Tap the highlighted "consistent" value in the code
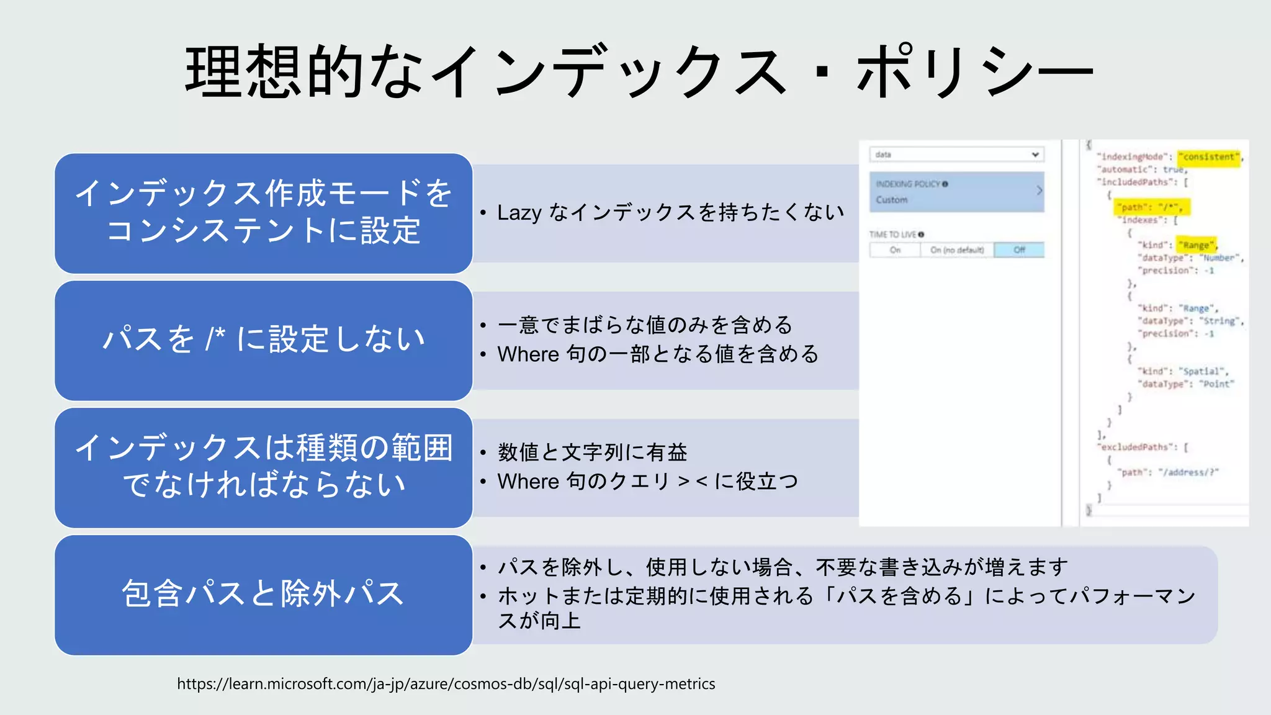coord(1208,157)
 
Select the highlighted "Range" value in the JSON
coord(1197,245)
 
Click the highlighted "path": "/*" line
coord(1151,207)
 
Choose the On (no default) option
coord(956,250)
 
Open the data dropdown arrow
coord(1035,155)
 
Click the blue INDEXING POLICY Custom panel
coord(956,192)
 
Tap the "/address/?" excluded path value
coord(1188,472)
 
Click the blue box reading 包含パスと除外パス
coord(263,594)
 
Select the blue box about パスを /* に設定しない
coord(263,340)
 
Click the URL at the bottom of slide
coord(446,684)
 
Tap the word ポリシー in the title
coord(974,71)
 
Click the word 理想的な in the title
coord(304,71)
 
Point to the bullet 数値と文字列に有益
coord(592,452)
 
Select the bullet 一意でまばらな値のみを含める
coord(645,325)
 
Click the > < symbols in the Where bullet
coord(693,482)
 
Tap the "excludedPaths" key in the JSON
coord(1138,447)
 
